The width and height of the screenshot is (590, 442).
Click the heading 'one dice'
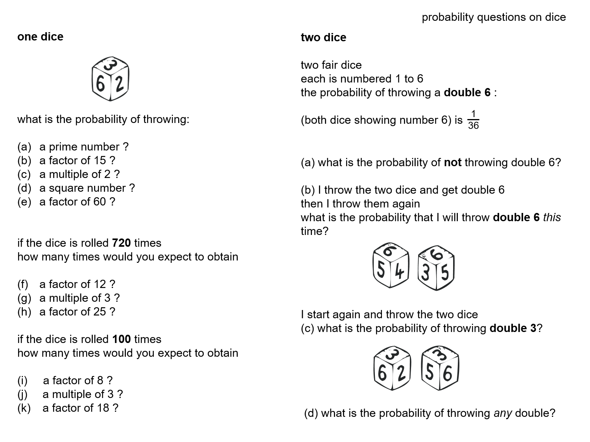click(x=40, y=37)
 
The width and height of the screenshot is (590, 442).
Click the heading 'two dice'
click(x=323, y=37)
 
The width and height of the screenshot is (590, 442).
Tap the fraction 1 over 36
click(x=473, y=119)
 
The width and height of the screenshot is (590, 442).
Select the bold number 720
click(x=121, y=243)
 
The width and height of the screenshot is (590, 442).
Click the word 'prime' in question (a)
click(x=61, y=147)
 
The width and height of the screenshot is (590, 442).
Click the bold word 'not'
click(x=452, y=162)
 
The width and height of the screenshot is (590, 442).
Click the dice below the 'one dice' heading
click(x=111, y=79)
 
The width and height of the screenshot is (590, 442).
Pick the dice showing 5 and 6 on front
click(x=440, y=368)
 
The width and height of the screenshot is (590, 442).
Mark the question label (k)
click(x=24, y=408)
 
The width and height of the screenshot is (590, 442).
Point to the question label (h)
click(x=24, y=312)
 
